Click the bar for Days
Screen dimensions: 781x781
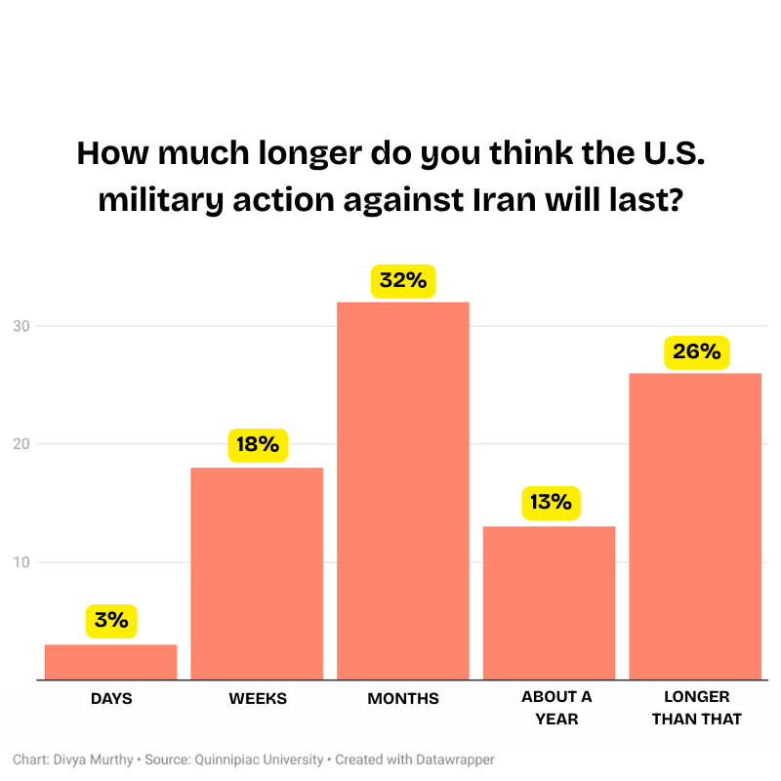pos(110,662)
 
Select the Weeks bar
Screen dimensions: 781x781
pos(257,573)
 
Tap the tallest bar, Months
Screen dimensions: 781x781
pos(403,490)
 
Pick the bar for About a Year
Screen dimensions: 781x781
pos(550,602)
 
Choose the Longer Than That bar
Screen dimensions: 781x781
pos(695,526)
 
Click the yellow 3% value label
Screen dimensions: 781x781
pos(111,620)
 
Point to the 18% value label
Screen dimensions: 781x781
pos(258,444)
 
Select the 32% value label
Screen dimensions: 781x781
pos(403,280)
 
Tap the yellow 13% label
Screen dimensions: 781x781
pos(551,503)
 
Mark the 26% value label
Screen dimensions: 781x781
pos(696,351)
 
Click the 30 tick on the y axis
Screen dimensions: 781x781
pos(20,326)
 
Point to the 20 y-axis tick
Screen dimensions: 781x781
pos(20,444)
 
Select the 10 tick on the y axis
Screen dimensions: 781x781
pos(20,562)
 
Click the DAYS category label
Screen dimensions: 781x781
pos(111,699)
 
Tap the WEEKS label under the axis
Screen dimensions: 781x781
pos(258,699)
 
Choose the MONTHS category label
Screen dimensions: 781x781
pos(403,699)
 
